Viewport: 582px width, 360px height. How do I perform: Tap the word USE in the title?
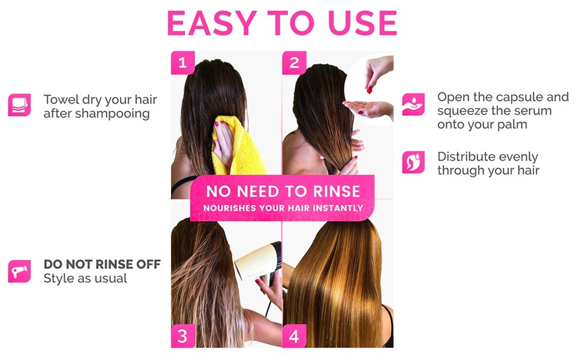tap(362, 23)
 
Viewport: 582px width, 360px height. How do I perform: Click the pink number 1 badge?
tap(182, 62)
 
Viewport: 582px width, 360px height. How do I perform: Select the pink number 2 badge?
tap(294, 62)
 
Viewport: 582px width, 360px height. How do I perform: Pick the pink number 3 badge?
tap(182, 336)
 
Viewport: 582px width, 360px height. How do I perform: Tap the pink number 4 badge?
tap(294, 336)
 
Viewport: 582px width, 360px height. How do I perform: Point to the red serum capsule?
tap(370, 90)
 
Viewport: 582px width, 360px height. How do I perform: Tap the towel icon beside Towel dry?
tap(19, 104)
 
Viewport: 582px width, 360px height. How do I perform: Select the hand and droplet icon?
tap(413, 104)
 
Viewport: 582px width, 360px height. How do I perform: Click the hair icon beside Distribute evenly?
tap(413, 162)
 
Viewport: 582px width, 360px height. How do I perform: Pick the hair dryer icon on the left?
tap(19, 271)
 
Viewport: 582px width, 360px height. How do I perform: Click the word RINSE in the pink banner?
tap(336, 191)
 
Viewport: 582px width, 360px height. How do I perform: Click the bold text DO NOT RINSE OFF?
tap(102, 264)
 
